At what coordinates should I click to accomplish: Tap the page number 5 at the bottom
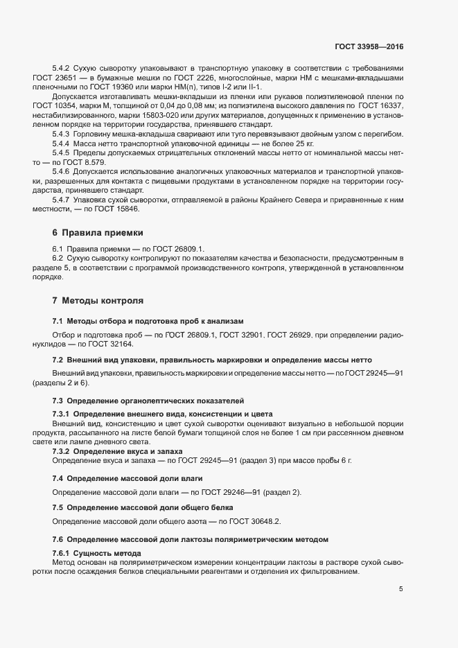tap(401, 589)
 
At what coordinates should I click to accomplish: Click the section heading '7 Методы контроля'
tap(98, 301)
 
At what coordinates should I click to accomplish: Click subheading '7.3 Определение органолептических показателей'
tap(148, 401)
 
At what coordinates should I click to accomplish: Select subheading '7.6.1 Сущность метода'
tap(97, 552)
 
